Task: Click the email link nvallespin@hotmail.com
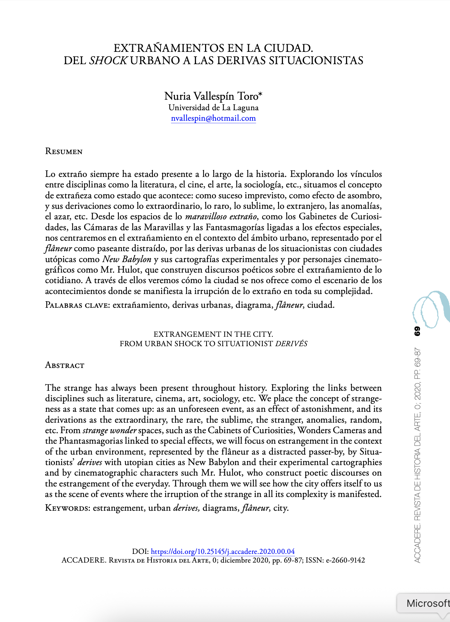coord(213,118)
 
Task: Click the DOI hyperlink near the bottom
coord(222,551)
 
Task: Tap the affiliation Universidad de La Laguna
coord(213,108)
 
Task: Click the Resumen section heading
coord(64,152)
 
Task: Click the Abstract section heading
coord(64,365)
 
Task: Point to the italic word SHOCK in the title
coord(108,61)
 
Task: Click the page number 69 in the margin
coord(417,331)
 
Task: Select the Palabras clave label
coord(77,305)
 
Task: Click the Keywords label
coord(67,508)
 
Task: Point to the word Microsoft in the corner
coord(428,603)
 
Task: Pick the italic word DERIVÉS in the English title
coord(291,344)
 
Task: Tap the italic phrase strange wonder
coord(109,430)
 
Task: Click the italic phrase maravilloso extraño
coord(221,217)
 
